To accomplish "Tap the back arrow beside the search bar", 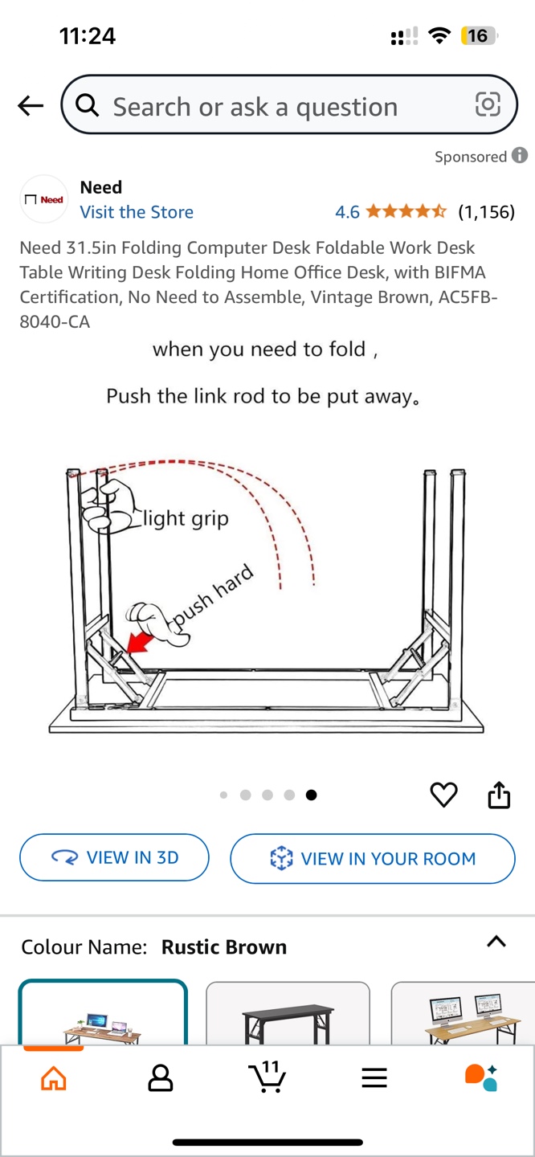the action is click(31, 105).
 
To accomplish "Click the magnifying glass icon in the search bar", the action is click(88, 105).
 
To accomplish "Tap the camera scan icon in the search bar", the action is click(488, 104).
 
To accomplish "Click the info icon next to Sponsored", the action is click(520, 155).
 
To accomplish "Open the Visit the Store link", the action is click(137, 212).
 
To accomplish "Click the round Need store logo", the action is click(44, 199).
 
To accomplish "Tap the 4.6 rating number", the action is click(347, 212).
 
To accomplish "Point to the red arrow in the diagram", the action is click(140, 643).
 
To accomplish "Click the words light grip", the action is click(186, 518).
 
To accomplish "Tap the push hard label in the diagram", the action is click(213, 596).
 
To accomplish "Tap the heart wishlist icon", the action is click(443, 795).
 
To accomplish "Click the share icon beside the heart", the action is click(499, 795).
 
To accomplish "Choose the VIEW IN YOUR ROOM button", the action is click(373, 858).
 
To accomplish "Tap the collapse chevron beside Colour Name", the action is click(496, 942).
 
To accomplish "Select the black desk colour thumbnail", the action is click(288, 1013).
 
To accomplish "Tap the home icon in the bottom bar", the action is click(54, 1078).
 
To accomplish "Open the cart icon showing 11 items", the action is click(267, 1077).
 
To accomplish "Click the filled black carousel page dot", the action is click(311, 795).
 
